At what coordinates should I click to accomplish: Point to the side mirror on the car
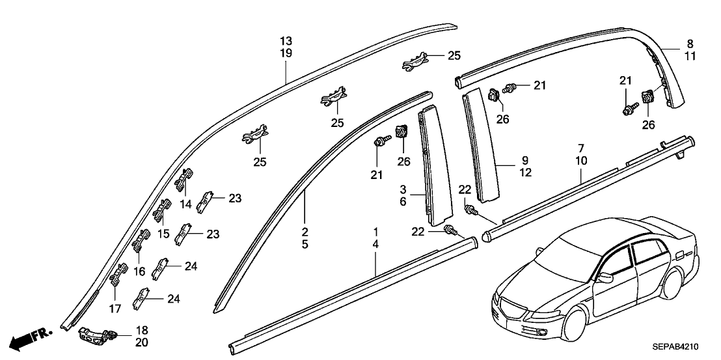(x=605, y=278)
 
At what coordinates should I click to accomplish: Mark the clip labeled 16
(x=141, y=241)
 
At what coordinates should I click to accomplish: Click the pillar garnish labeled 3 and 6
(x=430, y=163)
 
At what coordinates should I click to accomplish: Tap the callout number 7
(x=581, y=148)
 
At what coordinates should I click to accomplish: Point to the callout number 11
(x=690, y=57)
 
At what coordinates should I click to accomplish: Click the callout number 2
(x=305, y=232)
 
